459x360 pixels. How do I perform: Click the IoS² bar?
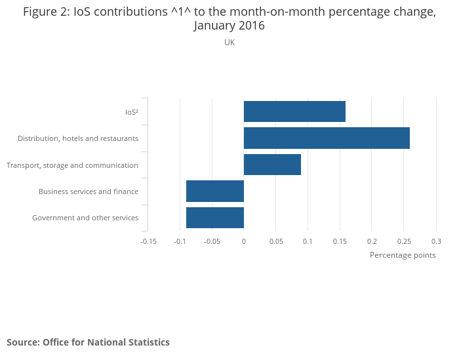tap(294, 111)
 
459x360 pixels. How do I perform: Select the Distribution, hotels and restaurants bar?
tap(327, 138)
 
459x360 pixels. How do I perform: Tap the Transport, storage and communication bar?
tap(272, 165)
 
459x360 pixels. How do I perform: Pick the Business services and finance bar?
tap(215, 191)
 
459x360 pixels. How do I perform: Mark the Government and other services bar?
tap(215, 218)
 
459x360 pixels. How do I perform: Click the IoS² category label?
tap(131, 112)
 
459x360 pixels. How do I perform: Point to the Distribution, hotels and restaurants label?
tap(78, 138)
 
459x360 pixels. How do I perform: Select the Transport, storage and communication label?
tap(72, 165)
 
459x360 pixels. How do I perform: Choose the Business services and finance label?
tap(89, 191)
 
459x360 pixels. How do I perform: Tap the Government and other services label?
tap(85, 218)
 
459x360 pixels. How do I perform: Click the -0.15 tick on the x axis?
tap(148, 241)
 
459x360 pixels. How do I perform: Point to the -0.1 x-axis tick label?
tap(180, 241)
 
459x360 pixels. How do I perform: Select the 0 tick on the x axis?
tap(244, 241)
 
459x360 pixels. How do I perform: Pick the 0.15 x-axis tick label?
tap(340, 241)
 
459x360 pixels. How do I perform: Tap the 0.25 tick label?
tap(403, 241)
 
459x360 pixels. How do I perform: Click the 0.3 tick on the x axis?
tap(436, 241)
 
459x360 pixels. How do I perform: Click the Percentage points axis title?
tap(403, 255)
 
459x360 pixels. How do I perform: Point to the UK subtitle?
tap(229, 43)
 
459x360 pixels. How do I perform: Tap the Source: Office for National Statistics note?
tap(88, 342)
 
